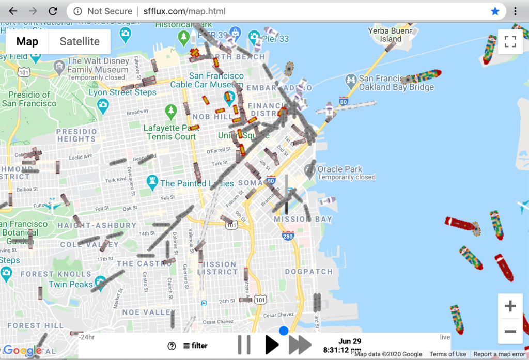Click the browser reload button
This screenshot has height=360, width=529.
point(53,11)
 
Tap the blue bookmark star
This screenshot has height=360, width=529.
point(495,11)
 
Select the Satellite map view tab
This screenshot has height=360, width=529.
point(80,41)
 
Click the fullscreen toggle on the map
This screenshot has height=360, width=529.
point(510,42)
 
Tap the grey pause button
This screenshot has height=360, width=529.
point(244,345)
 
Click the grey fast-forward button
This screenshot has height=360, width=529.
point(300,345)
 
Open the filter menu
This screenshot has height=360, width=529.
point(196,346)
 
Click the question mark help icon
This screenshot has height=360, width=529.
point(172,346)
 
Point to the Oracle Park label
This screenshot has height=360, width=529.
point(339,169)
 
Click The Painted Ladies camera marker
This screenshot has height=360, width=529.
point(152,181)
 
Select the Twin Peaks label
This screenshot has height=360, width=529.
point(70,284)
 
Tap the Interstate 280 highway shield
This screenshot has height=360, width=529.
point(288,236)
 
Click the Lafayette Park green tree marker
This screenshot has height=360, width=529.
point(170,111)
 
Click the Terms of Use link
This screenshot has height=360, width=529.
point(447,354)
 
